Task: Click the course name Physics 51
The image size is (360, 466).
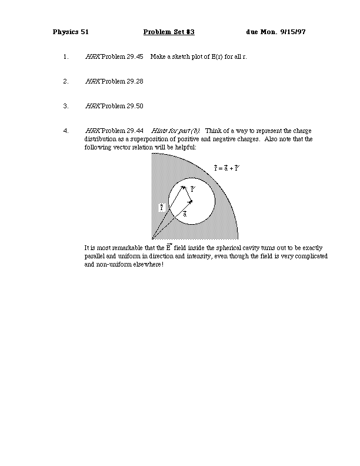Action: point(71,32)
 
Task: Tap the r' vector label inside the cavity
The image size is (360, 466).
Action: point(193,189)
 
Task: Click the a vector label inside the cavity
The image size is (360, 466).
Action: point(185,214)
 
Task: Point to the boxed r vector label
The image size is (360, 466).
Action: point(162,207)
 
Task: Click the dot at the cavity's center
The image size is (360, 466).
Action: point(191,201)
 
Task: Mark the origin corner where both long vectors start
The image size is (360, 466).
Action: point(152,239)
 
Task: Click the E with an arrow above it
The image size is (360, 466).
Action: point(169,248)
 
